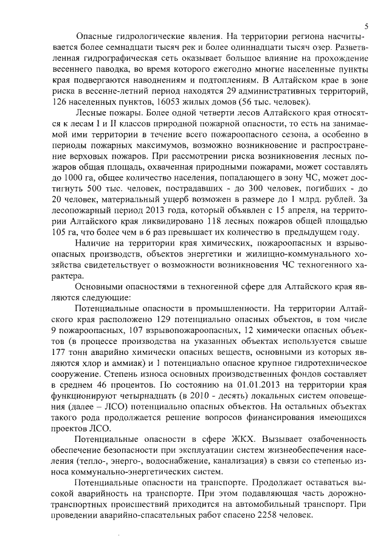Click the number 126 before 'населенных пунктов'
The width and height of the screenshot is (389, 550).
(x=61, y=100)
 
